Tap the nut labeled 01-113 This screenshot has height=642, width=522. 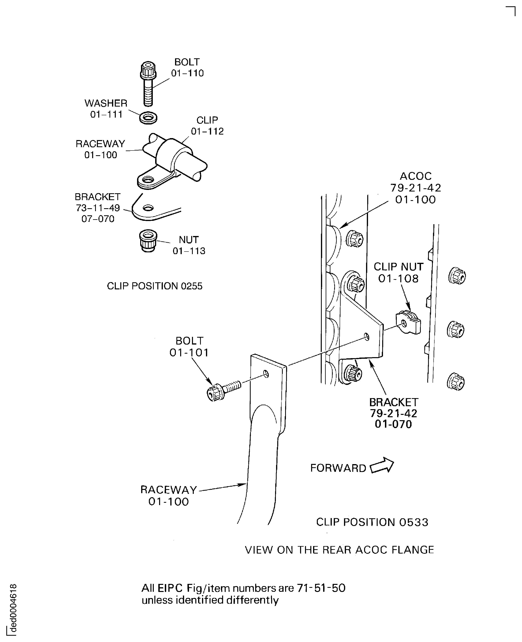pyautogui.click(x=148, y=241)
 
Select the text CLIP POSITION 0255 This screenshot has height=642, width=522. pyautogui.click(x=155, y=286)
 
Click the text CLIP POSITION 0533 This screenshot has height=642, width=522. pyautogui.click(x=372, y=522)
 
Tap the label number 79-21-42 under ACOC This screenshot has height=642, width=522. pyautogui.click(x=415, y=188)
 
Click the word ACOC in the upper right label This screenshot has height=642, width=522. pyautogui.click(x=415, y=176)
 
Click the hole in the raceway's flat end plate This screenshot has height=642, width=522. pyautogui.click(x=266, y=374)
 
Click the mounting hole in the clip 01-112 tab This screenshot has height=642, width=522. pyautogui.click(x=148, y=180)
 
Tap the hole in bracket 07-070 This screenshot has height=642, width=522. pyautogui.click(x=148, y=208)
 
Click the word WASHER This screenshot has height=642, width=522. pyautogui.click(x=106, y=103)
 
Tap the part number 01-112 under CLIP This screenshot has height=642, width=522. pyautogui.click(x=207, y=131)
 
